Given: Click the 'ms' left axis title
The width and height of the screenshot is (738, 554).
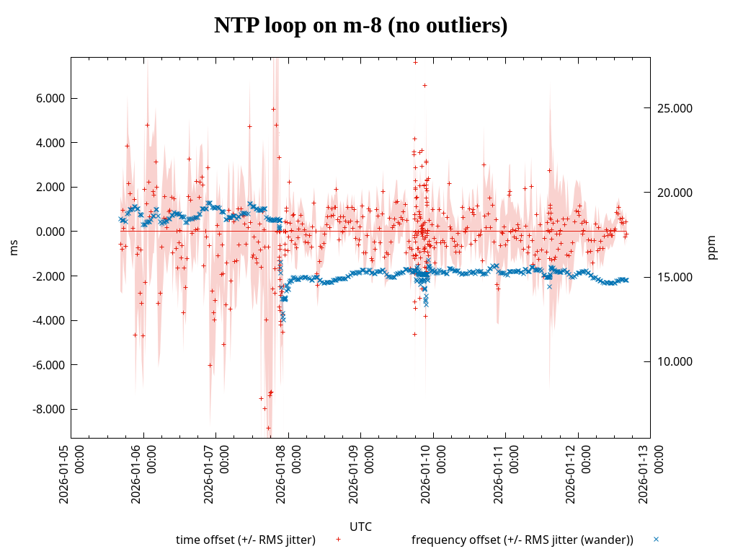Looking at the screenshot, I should tap(14, 247).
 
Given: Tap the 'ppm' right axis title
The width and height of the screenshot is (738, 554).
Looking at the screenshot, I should tap(712, 247).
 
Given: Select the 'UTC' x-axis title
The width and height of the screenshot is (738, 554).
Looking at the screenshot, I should tap(360, 527).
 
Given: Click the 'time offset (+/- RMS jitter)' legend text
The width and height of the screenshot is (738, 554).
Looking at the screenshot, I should tap(246, 540).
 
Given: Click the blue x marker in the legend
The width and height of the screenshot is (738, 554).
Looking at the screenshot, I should tap(656, 539).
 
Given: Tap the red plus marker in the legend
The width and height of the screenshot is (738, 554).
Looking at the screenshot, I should tap(338, 539).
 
